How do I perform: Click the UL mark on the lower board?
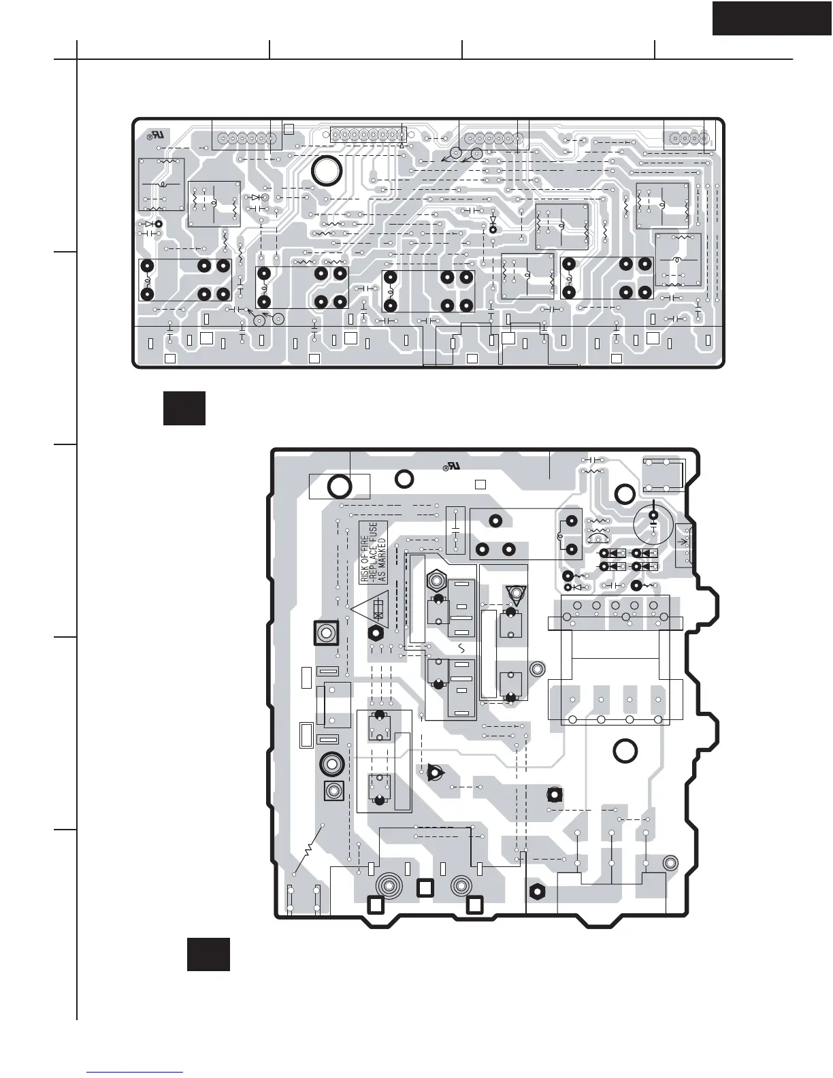coord(451,467)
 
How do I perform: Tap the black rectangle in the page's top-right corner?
coord(772,18)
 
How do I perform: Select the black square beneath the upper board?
coord(184,408)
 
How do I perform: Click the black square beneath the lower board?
coord(208,954)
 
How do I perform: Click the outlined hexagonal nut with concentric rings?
coord(436,582)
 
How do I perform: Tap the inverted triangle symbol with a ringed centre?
coord(515,595)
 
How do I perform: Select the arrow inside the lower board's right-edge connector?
coord(683,542)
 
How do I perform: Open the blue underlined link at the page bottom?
coord(135,1071)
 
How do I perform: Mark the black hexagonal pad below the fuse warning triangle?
coord(374,633)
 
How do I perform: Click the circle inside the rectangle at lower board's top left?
coord(338,486)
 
